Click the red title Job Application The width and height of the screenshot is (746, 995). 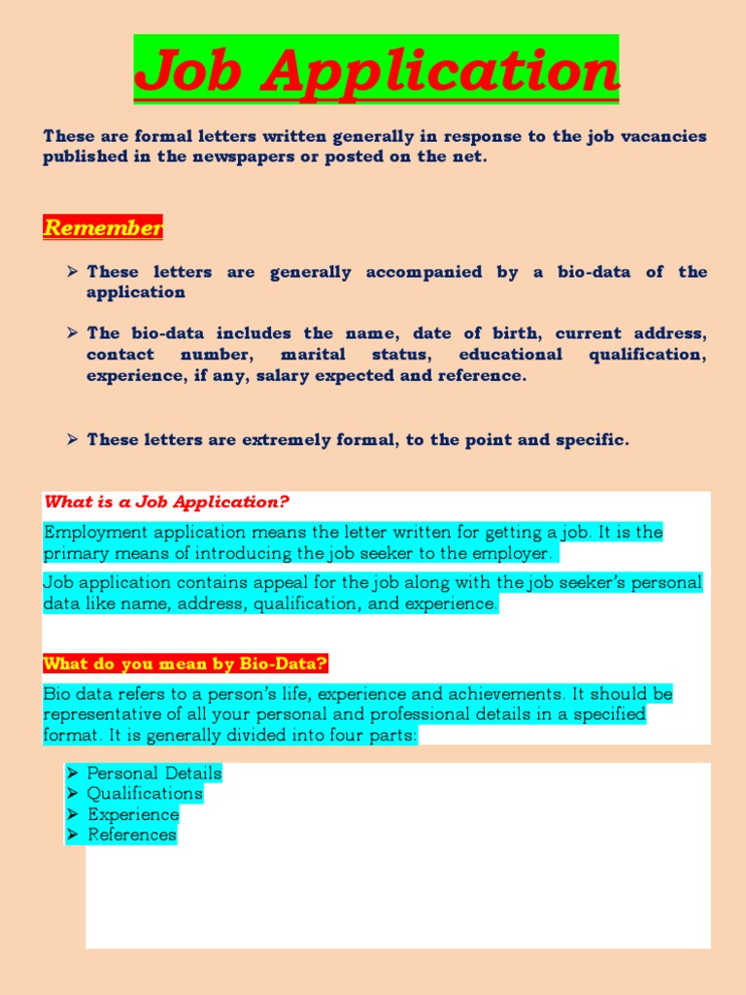pyautogui.click(x=376, y=70)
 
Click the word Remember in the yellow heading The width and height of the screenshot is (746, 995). pyautogui.click(x=103, y=228)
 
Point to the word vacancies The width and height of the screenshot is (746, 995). pyautogui.click(x=661, y=136)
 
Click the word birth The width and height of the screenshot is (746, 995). pyautogui.click(x=512, y=333)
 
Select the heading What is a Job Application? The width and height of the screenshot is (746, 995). pyautogui.click(x=167, y=501)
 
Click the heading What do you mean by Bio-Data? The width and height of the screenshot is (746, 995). pyautogui.click(x=186, y=664)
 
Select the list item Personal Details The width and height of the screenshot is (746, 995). pyautogui.click(x=154, y=773)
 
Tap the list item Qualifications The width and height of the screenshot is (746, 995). pyautogui.click(x=145, y=794)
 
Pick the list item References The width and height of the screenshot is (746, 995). pyautogui.click(x=132, y=835)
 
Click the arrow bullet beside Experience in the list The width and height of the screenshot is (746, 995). pyautogui.click(x=73, y=814)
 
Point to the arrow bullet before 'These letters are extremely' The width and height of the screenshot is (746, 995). pyautogui.click(x=73, y=439)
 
